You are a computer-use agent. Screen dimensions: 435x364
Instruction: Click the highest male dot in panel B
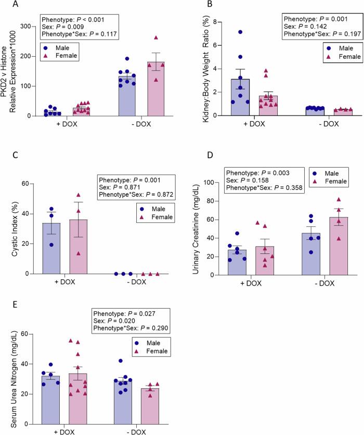(226, 32)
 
